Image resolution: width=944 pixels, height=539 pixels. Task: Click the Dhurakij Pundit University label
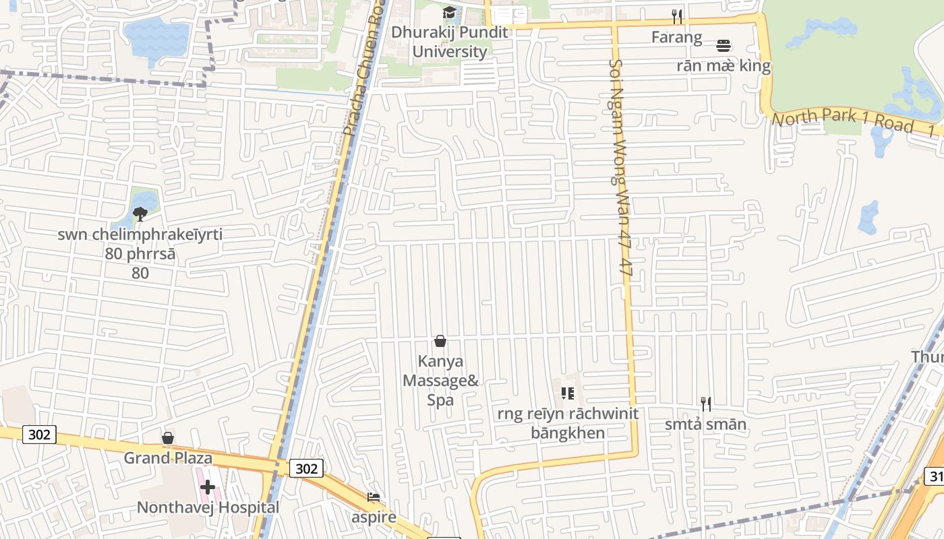point(449,42)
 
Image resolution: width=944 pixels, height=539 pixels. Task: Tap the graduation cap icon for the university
point(449,13)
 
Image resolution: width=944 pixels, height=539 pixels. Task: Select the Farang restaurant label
point(676,37)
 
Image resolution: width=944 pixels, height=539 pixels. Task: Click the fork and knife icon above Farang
point(677,16)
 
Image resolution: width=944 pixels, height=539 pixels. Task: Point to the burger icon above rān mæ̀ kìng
point(724,46)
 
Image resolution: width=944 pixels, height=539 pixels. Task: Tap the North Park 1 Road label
point(843,121)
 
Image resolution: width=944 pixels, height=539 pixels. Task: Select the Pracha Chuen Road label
point(364,67)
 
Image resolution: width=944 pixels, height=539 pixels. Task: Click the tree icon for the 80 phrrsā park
point(140,214)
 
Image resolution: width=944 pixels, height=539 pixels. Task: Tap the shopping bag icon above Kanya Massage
point(440,341)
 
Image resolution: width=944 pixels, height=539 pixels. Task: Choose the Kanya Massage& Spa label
point(440,381)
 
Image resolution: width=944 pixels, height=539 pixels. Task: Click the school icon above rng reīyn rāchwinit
point(567,393)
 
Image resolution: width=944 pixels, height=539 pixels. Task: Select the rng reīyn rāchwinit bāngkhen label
point(568,423)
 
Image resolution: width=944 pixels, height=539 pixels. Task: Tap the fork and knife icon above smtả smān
point(706,404)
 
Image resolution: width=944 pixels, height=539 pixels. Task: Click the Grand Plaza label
point(168,458)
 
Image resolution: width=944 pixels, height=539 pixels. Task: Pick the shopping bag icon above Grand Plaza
point(168,439)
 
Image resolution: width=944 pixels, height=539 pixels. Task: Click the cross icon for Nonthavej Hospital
point(208,487)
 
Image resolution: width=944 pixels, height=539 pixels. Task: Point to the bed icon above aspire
point(374,497)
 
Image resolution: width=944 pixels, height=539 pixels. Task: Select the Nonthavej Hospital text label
point(208,507)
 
